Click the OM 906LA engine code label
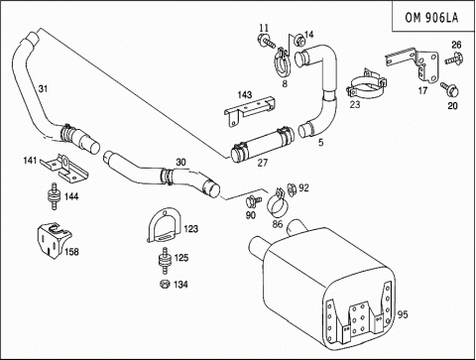click(x=431, y=17)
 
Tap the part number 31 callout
click(x=43, y=88)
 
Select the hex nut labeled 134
click(x=165, y=284)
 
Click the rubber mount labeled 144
click(x=54, y=195)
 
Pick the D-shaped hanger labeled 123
click(x=164, y=225)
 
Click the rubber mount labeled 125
click(x=165, y=261)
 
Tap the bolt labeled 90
click(x=253, y=200)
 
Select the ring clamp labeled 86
click(x=278, y=202)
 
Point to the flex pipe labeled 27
click(x=262, y=146)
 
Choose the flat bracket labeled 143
click(x=250, y=109)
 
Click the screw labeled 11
click(x=267, y=42)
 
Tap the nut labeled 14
click(x=299, y=41)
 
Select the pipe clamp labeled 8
click(x=282, y=62)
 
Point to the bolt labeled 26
click(x=454, y=59)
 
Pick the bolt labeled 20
click(x=450, y=89)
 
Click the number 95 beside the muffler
click(x=403, y=314)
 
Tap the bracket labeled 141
click(x=65, y=169)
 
